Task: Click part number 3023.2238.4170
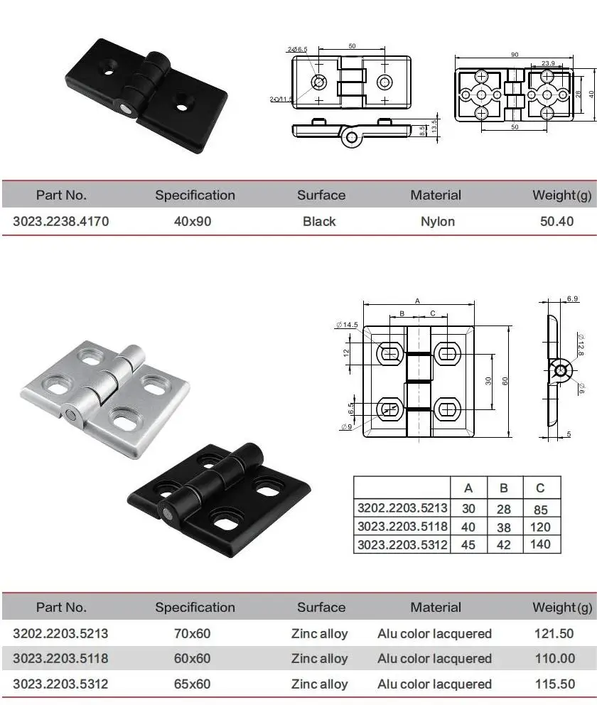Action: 61,221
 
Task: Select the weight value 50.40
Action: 556,221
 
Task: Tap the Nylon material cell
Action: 437,221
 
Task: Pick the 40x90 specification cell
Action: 193,221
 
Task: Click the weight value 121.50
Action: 556,633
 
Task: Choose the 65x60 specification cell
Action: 193,684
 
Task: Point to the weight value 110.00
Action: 556,659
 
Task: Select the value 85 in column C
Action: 541,509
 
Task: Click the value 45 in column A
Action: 468,544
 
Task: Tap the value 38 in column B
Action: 505,527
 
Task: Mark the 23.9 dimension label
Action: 548,64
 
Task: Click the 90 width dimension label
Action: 515,54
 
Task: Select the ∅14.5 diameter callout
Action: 348,325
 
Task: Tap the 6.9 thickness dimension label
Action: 573,299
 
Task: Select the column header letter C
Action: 541,488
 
